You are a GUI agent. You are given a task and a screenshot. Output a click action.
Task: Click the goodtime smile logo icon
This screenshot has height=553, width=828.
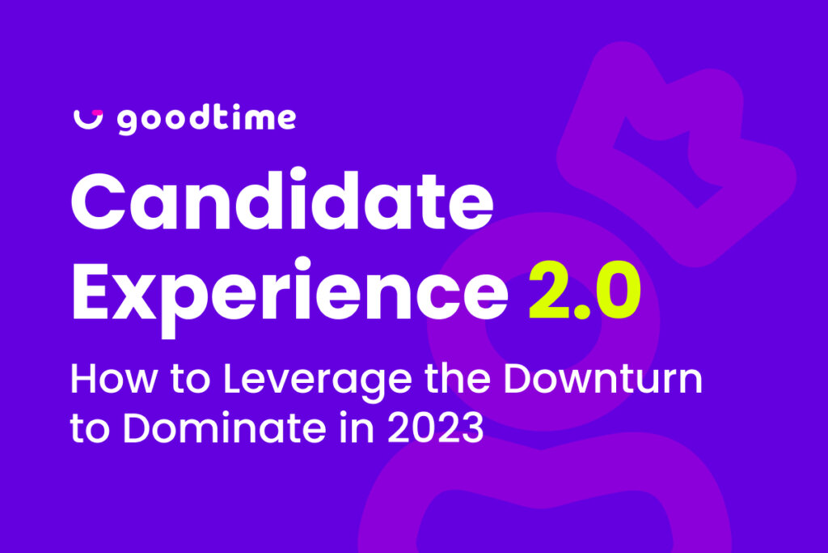(87, 121)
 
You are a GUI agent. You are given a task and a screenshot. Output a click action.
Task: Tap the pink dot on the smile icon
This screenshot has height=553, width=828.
(97, 112)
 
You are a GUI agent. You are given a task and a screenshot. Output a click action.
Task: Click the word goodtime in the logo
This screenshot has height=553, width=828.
(206, 121)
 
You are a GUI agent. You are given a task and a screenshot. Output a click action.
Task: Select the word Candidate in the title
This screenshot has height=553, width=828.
(282, 200)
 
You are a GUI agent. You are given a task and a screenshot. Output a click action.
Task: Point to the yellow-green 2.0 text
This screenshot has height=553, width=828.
(585, 290)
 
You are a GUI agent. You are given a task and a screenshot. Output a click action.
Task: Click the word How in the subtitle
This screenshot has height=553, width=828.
(113, 379)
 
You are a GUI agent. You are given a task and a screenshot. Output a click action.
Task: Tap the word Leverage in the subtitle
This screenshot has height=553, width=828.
(317, 381)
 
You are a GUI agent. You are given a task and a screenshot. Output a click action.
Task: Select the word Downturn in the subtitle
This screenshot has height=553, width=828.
(603, 378)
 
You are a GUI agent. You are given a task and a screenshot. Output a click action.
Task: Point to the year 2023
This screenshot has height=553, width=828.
(436, 428)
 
